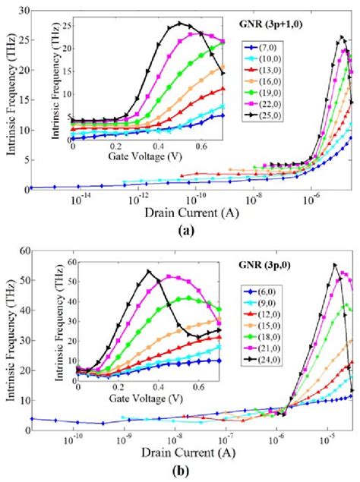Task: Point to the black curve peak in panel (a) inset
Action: pyautogui.click(x=179, y=24)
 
